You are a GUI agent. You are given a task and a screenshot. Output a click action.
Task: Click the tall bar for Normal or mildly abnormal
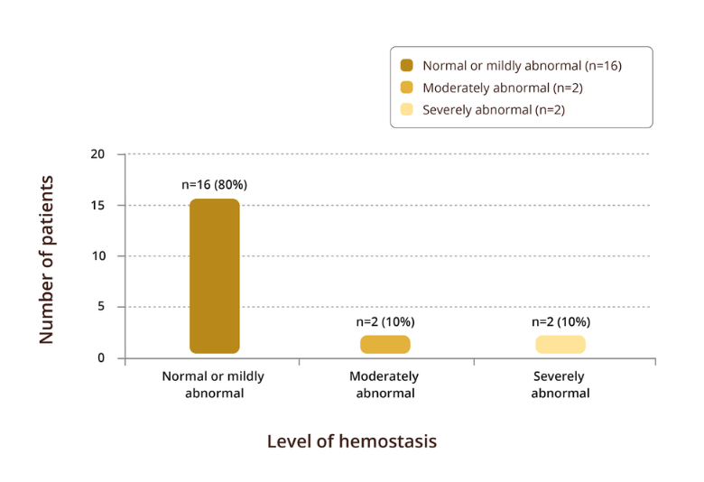pyautogui.click(x=214, y=276)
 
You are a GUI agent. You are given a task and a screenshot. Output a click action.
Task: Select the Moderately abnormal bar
pyautogui.click(x=385, y=344)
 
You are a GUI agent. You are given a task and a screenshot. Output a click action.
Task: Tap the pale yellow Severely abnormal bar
pyautogui.click(x=560, y=344)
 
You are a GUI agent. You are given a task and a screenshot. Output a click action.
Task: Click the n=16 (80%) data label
pyautogui.click(x=214, y=184)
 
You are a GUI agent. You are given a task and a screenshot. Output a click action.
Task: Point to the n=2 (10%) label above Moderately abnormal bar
pyautogui.click(x=385, y=321)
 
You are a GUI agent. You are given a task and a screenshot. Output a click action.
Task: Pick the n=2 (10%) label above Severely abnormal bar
pyautogui.click(x=560, y=321)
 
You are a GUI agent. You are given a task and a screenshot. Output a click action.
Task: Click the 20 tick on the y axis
pyautogui.click(x=97, y=154)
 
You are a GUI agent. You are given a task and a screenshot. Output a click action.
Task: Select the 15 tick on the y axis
pyautogui.click(x=97, y=205)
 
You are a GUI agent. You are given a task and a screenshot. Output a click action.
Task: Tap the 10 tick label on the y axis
pyautogui.click(x=97, y=256)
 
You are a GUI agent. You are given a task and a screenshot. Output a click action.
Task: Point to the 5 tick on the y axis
pyautogui.click(x=101, y=307)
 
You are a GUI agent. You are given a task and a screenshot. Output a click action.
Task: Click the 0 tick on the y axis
pyautogui.click(x=101, y=358)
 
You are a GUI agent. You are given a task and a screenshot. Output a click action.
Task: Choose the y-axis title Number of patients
pyautogui.click(x=47, y=259)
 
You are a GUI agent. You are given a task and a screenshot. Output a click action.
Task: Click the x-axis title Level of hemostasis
pyautogui.click(x=352, y=441)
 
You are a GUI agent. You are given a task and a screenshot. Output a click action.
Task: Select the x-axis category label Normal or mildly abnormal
pyautogui.click(x=213, y=385)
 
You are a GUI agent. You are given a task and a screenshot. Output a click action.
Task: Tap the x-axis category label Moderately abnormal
pyautogui.click(x=385, y=385)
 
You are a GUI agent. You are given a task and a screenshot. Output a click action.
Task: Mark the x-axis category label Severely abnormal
pyautogui.click(x=560, y=385)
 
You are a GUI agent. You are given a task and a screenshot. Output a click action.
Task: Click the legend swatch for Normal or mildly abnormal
pyautogui.click(x=407, y=65)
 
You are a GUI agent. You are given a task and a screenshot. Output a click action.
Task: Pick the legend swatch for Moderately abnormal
pyautogui.click(x=407, y=88)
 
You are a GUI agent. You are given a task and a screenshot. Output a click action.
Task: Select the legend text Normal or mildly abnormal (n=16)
pyautogui.click(x=522, y=65)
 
